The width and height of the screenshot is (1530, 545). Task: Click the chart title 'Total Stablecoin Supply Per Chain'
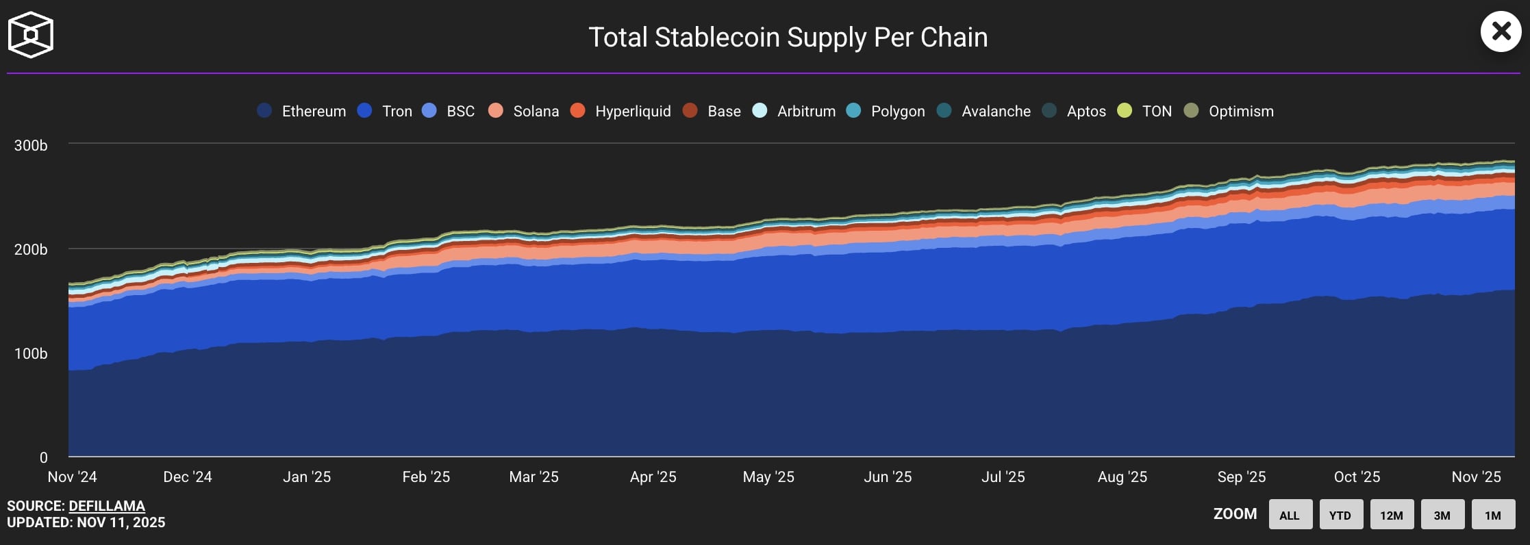[788, 38]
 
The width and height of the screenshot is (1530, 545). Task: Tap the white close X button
[1501, 31]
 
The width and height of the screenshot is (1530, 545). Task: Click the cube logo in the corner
[31, 35]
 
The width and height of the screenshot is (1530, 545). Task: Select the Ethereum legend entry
[302, 111]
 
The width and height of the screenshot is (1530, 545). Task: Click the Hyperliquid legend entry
[620, 111]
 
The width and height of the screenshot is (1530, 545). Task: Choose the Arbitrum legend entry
[794, 111]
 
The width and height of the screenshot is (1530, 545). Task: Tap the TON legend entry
[1144, 111]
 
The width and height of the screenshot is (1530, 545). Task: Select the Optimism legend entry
[1229, 111]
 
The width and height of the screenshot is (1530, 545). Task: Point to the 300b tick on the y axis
[31, 145]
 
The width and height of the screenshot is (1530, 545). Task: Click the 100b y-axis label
[31, 353]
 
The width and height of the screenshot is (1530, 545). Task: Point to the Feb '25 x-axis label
[426, 477]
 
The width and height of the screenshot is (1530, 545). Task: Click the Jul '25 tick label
[1003, 477]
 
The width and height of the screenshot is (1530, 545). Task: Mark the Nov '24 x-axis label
[72, 477]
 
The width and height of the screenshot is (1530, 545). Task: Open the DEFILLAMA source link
[107, 506]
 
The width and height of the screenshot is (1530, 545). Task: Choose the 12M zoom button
[1391, 515]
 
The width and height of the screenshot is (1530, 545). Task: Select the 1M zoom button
[1493, 515]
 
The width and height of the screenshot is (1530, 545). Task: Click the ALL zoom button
[1290, 515]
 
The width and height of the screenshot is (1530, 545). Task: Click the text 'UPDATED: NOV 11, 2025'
[86, 522]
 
